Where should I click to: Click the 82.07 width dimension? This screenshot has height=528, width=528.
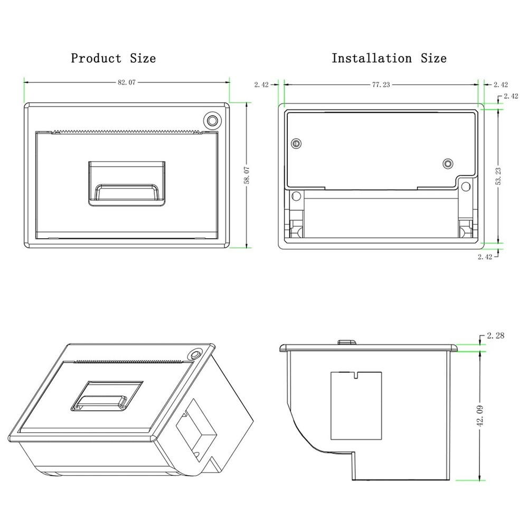click(x=127, y=82)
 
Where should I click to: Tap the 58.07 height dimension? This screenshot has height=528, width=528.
click(x=247, y=175)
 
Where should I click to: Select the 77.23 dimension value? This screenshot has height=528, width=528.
click(x=381, y=84)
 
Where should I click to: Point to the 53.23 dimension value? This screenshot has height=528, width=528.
click(x=498, y=176)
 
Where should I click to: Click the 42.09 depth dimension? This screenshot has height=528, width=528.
click(x=480, y=416)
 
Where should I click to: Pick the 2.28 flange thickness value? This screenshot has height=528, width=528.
click(x=496, y=335)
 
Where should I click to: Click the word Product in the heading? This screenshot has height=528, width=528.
click(x=96, y=58)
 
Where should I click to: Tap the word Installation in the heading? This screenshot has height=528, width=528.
click(x=372, y=58)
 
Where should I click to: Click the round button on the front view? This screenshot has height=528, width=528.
click(x=212, y=120)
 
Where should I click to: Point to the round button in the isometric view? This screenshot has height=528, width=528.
click(x=194, y=354)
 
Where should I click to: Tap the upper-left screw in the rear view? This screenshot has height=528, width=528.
click(x=296, y=144)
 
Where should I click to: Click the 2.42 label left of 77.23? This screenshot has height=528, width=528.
click(x=261, y=85)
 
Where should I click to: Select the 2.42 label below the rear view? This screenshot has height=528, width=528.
click(x=485, y=257)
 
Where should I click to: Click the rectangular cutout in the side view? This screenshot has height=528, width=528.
click(x=356, y=406)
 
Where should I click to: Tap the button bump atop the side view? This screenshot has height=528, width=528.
click(x=347, y=343)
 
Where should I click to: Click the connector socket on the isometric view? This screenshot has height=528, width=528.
click(x=196, y=430)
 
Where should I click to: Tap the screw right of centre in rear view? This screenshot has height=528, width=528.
click(x=448, y=164)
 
